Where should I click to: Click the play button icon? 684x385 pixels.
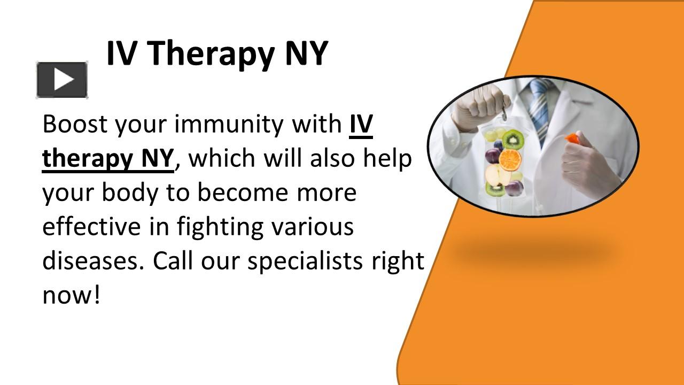(x=62, y=80)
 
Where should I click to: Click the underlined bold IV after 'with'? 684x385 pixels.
(x=361, y=124)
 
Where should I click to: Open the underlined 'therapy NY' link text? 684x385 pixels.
(x=108, y=159)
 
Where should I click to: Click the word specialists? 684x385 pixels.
(x=304, y=261)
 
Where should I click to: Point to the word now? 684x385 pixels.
(x=71, y=295)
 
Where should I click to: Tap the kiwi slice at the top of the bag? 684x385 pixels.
(x=514, y=139)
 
